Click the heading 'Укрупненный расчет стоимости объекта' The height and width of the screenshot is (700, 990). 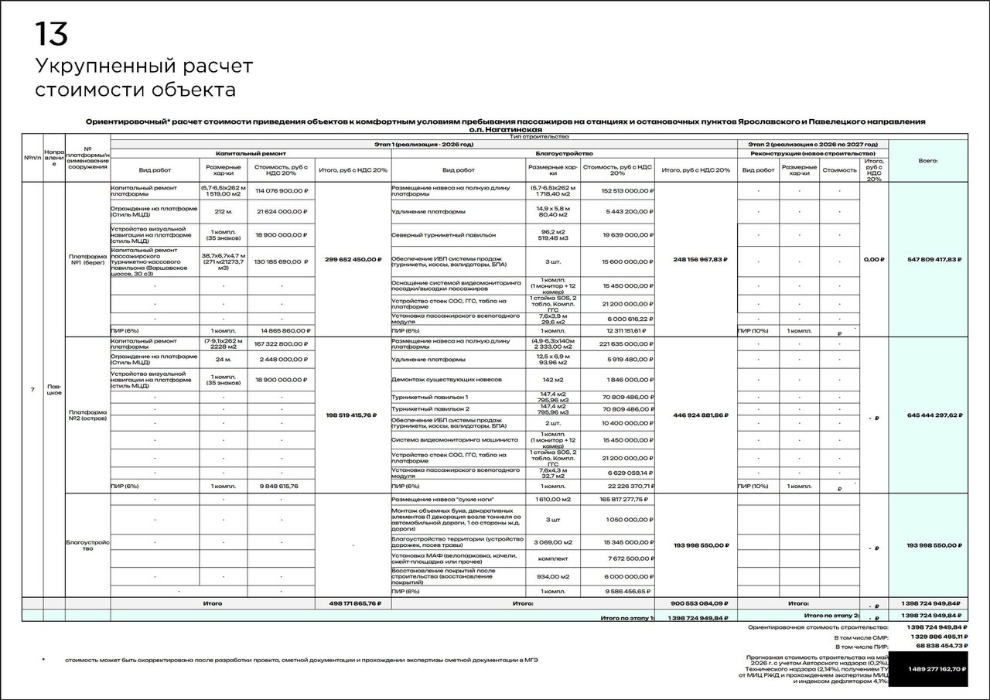click(x=143, y=78)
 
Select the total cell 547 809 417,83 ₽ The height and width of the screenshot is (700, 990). click(x=934, y=259)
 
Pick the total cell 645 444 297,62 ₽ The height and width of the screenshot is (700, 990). click(x=934, y=415)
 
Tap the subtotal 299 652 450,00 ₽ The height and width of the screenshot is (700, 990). click(x=353, y=259)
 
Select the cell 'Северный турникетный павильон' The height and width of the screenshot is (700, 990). click(x=443, y=234)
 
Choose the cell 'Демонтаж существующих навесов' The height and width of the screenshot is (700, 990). click(x=446, y=380)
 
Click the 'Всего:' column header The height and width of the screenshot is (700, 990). click(x=928, y=160)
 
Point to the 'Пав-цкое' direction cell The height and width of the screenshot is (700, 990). click(x=54, y=389)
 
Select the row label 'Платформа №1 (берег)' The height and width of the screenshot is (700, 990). click(x=87, y=259)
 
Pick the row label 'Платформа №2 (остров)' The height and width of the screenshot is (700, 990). click(x=87, y=416)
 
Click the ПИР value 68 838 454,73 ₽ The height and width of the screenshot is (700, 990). click(x=934, y=644)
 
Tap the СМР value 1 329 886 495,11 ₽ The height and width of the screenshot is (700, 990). click(x=933, y=636)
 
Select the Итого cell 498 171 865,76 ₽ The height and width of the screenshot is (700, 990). click(x=353, y=603)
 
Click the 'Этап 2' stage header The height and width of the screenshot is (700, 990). click(x=812, y=144)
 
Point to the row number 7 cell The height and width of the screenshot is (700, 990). click(x=32, y=389)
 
